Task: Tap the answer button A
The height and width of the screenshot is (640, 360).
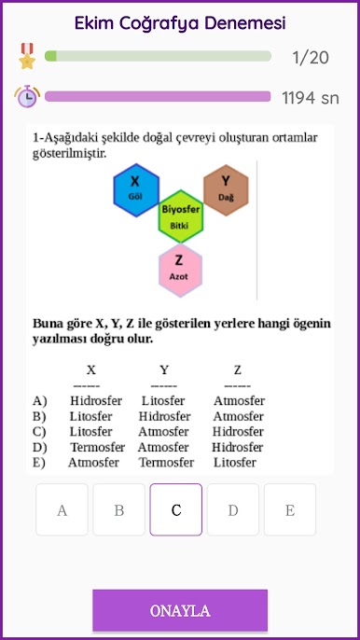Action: tap(62, 509)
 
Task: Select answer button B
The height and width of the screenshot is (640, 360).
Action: tap(119, 509)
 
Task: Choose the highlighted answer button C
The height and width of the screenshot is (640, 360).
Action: tap(176, 509)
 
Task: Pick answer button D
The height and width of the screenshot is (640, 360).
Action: tap(232, 509)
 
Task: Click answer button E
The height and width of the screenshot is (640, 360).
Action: tap(289, 509)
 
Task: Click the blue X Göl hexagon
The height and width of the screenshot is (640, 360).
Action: tap(135, 188)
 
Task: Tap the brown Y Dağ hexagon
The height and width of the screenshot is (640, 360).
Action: tap(226, 188)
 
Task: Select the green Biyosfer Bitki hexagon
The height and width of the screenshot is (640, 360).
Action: tap(181, 217)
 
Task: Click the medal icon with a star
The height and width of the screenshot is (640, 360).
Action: tap(26, 56)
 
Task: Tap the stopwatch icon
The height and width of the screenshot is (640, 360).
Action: tap(26, 96)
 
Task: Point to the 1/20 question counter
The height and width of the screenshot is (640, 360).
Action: tap(311, 58)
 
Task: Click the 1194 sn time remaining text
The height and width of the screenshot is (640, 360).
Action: tap(311, 97)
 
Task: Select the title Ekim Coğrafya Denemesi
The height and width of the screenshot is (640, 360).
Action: tap(180, 22)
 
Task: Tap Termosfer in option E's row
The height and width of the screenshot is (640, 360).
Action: tap(166, 462)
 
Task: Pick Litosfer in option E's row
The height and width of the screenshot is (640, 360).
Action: tap(235, 462)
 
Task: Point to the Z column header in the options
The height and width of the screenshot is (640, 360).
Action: tap(238, 369)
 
